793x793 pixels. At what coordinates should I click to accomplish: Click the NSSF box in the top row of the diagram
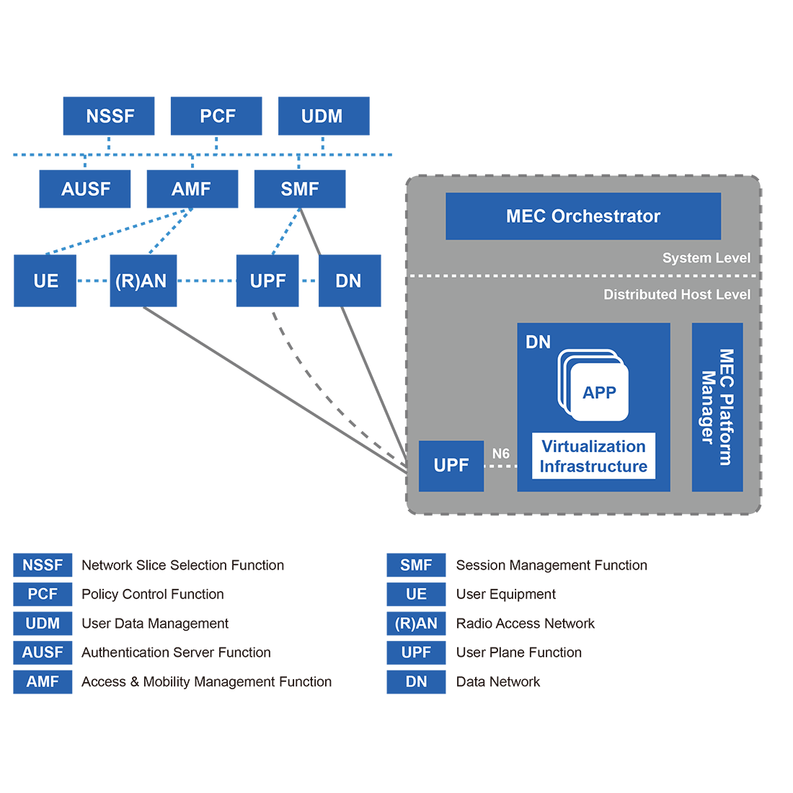(x=109, y=116)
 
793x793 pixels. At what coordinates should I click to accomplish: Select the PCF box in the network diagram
(x=216, y=116)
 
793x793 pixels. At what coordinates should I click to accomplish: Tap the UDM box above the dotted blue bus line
(x=324, y=116)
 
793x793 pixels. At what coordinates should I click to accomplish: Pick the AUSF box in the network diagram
(x=85, y=189)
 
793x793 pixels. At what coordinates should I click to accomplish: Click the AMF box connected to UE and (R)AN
(x=192, y=189)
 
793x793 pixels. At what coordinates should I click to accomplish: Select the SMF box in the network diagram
(x=300, y=189)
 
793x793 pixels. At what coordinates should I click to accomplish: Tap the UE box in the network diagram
(x=45, y=280)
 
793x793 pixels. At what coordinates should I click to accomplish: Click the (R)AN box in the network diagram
(x=143, y=280)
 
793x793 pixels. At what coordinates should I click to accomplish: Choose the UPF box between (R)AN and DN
(x=267, y=280)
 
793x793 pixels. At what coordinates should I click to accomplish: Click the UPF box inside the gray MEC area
(x=451, y=466)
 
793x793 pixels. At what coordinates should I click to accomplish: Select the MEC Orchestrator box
(x=583, y=216)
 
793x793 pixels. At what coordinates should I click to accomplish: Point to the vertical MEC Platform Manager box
(x=717, y=407)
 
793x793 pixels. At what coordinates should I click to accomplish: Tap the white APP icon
(x=598, y=392)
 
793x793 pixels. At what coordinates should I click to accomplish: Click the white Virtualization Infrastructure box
(x=593, y=456)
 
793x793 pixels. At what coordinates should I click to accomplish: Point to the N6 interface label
(x=500, y=453)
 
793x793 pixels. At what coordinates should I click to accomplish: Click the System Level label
(x=706, y=258)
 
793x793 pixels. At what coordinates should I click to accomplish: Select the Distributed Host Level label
(x=676, y=294)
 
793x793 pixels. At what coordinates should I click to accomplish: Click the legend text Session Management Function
(x=551, y=565)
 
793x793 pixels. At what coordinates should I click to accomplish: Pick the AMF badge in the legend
(x=43, y=681)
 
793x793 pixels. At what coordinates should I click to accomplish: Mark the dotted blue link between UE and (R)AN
(x=93, y=280)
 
